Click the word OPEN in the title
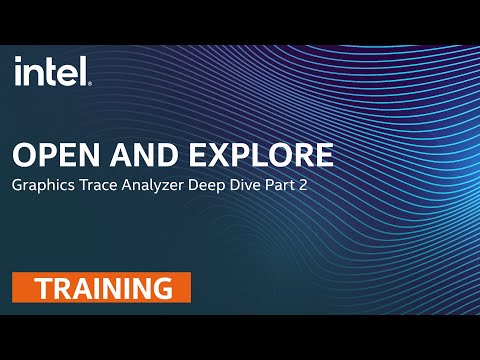50,156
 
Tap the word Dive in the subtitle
268,186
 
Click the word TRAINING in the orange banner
102,289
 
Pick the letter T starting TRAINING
43,289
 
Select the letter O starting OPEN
22,156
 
